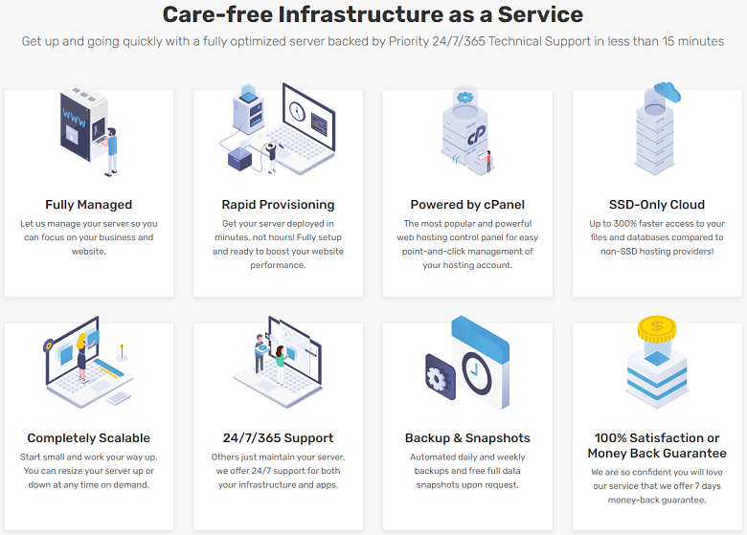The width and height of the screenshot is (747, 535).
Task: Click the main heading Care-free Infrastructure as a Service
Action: click(373, 14)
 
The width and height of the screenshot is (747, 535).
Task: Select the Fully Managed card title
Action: click(89, 205)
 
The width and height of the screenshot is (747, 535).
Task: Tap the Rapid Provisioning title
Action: click(279, 205)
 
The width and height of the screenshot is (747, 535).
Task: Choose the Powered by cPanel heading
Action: click(467, 205)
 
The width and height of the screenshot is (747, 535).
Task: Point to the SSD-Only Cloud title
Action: click(657, 205)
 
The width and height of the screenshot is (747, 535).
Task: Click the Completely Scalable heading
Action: click(89, 438)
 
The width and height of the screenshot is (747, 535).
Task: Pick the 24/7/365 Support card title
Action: click(279, 438)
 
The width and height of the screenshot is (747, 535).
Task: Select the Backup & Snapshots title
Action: click(467, 438)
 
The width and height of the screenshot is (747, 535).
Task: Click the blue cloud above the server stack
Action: click(667, 91)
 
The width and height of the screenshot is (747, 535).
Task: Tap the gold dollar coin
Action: click(657, 328)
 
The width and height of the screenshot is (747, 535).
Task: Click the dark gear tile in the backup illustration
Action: click(440, 377)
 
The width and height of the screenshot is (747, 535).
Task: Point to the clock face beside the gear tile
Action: click(476, 373)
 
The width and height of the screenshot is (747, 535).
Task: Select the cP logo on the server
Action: click(475, 134)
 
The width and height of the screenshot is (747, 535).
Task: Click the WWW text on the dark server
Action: click(75, 118)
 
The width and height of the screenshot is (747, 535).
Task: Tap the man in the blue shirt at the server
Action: click(110, 151)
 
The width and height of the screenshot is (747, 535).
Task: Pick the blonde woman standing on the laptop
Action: click(82, 357)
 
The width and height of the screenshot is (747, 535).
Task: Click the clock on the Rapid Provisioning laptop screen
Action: click(297, 111)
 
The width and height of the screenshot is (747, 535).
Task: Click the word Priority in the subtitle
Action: click(409, 41)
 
